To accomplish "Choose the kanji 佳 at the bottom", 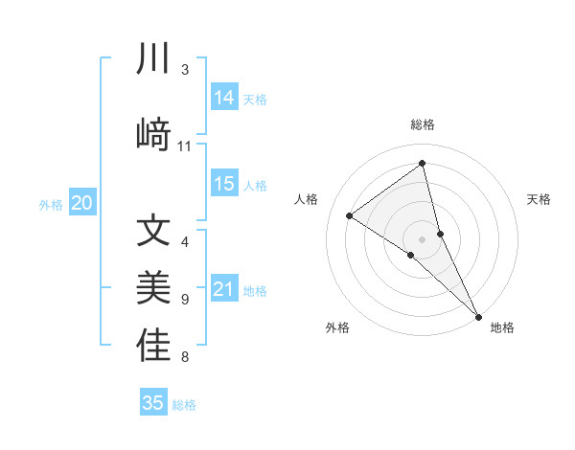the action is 154,346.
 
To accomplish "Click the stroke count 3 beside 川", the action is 185,70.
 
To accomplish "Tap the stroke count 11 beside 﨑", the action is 185,146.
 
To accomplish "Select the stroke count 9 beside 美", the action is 185,300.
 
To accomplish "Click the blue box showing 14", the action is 224,98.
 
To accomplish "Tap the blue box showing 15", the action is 224,184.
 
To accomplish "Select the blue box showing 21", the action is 224,289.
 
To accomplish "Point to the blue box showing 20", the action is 82,203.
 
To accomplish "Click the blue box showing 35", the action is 153,403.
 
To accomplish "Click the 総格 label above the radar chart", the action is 423,124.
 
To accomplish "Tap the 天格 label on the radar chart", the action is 539,199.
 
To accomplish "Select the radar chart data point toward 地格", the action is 478,315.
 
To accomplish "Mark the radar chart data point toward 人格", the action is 349,215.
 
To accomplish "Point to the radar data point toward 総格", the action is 423,163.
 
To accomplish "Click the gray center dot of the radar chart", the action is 423,238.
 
